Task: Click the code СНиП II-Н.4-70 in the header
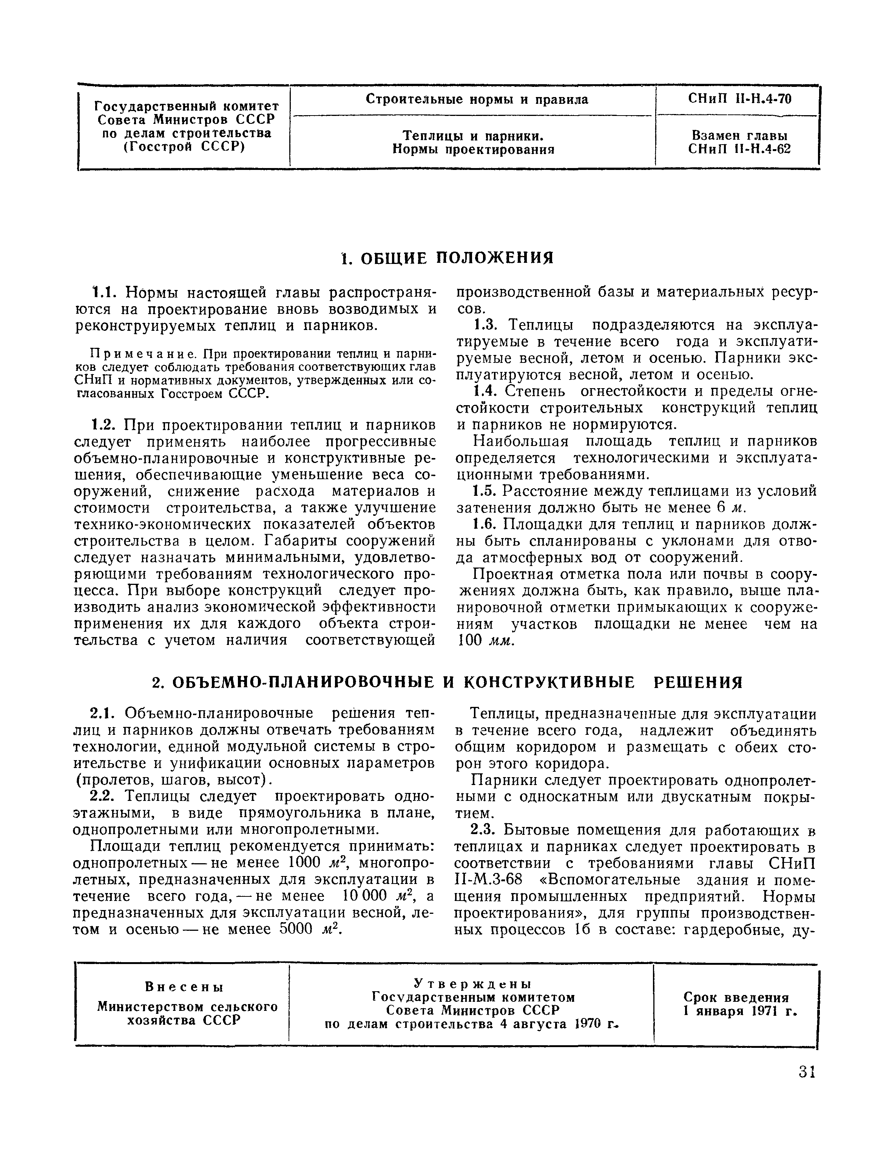(739, 99)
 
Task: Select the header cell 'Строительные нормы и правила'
(477, 99)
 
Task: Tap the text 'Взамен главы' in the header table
(739, 136)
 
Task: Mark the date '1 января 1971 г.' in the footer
(740, 1011)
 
